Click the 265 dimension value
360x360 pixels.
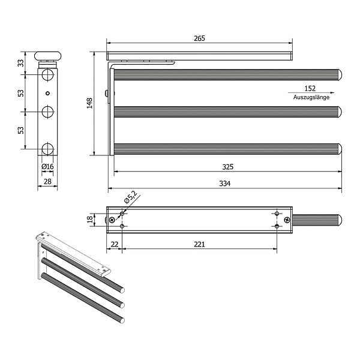click(x=200, y=38)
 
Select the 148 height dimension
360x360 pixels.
click(x=89, y=104)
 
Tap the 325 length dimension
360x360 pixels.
click(x=227, y=167)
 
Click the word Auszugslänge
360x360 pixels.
click(x=311, y=97)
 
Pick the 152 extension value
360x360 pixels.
click(x=310, y=88)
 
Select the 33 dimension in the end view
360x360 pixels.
click(x=20, y=62)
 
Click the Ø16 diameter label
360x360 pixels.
click(x=48, y=166)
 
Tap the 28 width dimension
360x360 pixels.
click(x=48, y=181)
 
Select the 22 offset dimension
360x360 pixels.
click(x=114, y=244)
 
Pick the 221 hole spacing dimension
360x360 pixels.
click(x=199, y=244)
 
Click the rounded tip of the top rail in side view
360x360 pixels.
click(x=340, y=76)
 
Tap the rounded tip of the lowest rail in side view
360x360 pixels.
click(x=340, y=149)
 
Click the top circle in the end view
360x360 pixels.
click(x=47, y=75)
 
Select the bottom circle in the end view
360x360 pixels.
click(x=47, y=149)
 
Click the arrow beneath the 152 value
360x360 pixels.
click(x=310, y=93)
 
